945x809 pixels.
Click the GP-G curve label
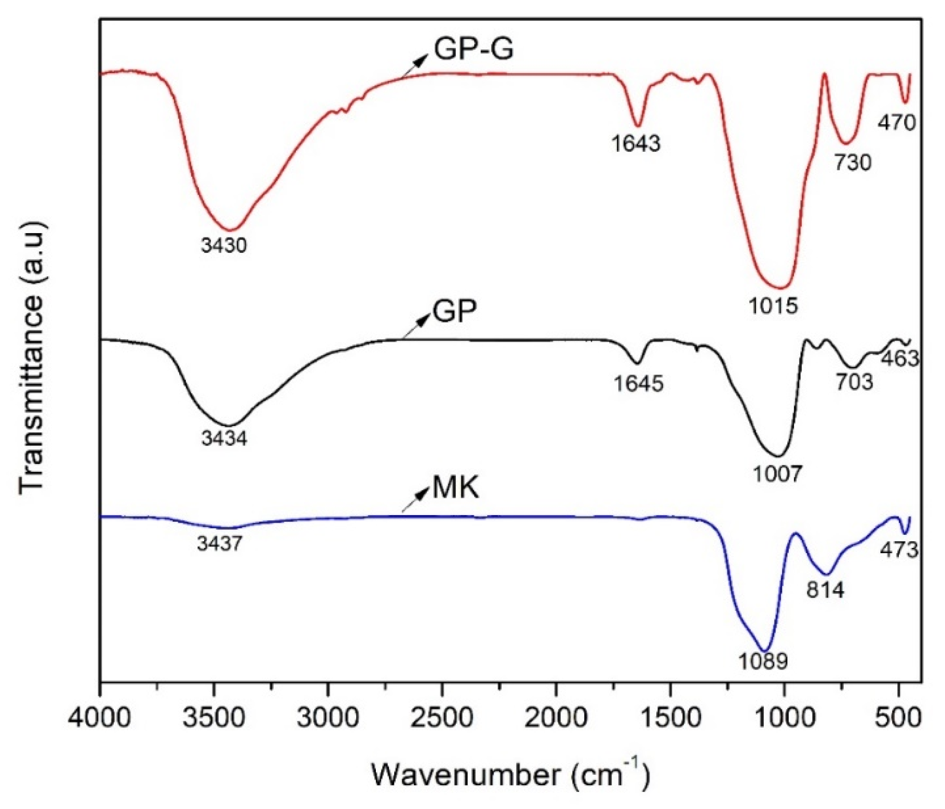pyautogui.click(x=473, y=50)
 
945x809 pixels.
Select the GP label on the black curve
pyautogui.click(x=454, y=311)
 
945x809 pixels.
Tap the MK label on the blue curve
pyautogui.click(x=455, y=487)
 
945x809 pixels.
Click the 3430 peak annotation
pyautogui.click(x=224, y=245)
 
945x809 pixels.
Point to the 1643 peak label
pyautogui.click(x=636, y=143)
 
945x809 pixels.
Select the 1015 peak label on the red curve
pyautogui.click(x=773, y=305)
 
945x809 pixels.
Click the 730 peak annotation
pyautogui.click(x=852, y=163)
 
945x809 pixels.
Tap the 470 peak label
pyautogui.click(x=896, y=122)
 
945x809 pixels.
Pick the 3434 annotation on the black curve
pyautogui.click(x=224, y=438)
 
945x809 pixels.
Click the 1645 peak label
pyautogui.click(x=638, y=384)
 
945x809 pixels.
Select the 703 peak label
pyautogui.click(x=854, y=382)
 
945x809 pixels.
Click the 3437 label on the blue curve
pyautogui.click(x=219, y=544)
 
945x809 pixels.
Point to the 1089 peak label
pyautogui.click(x=763, y=661)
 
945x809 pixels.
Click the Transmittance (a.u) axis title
pyautogui.click(x=32, y=357)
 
